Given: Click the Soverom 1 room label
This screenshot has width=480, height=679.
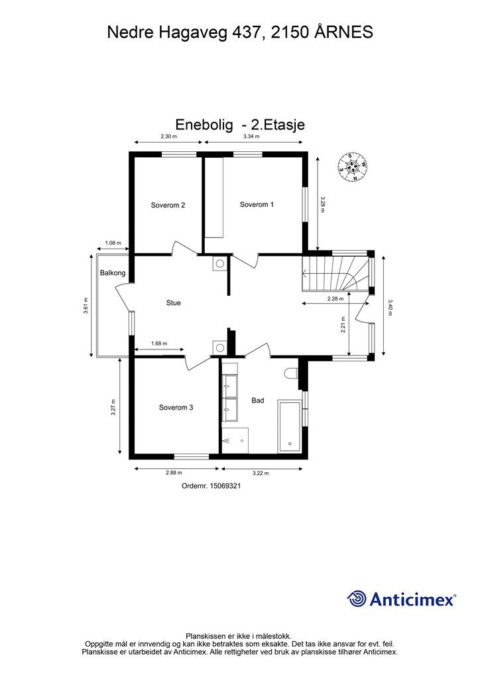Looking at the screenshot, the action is tap(257, 204).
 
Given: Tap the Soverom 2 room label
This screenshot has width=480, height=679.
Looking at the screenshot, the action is tap(168, 206).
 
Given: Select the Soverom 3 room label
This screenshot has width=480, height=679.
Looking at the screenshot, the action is tap(176, 408).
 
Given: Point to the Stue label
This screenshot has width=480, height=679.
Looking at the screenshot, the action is tap(173, 303).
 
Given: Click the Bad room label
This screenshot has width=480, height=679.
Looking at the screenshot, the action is tap(257, 401).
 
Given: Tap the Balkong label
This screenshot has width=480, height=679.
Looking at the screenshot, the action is tap(113, 273).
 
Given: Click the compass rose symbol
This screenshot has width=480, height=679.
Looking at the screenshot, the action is tap(353, 166).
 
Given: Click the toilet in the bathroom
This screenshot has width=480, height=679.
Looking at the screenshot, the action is tap(292, 373).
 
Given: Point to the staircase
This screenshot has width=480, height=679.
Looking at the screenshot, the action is tap(335, 274).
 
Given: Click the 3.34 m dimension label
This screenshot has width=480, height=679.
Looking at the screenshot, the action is tap(251, 137).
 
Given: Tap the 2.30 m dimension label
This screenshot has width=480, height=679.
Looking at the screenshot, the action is tap(169, 137).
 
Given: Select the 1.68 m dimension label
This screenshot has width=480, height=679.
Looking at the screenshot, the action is tap(159, 343).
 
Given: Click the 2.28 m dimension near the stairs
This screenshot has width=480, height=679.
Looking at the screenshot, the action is tap(335, 298).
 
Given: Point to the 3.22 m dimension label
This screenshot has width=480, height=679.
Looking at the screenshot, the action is tap(261, 473).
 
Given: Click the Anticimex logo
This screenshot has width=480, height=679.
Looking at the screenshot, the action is tap(401, 599).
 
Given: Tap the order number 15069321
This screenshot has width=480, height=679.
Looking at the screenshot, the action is tap(225, 486).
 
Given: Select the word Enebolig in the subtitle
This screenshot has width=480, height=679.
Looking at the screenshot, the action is tap(204, 125).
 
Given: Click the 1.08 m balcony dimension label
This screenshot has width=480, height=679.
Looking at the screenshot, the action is tap(113, 243).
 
